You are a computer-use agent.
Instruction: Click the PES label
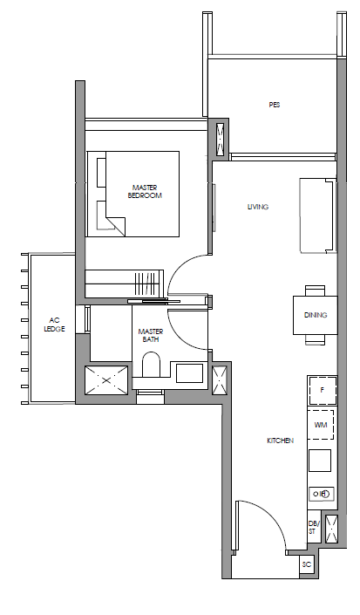275,105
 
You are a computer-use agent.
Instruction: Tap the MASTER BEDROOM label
145,191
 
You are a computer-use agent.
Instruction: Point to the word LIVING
258,207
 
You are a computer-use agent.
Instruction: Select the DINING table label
316,315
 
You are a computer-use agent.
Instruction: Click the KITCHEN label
280,441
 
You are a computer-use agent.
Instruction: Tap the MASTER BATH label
151,335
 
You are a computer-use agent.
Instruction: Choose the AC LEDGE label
54,325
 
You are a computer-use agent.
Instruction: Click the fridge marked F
323,390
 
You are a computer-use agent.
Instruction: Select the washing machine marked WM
321,425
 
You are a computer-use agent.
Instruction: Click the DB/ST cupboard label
314,527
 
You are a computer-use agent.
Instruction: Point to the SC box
307,564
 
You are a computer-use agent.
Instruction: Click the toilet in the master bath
151,365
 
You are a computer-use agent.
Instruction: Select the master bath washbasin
189,373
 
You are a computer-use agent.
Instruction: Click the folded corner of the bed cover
116,226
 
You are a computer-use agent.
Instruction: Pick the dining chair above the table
315,290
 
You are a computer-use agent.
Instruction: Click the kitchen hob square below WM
320,461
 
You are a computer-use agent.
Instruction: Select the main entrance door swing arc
270,517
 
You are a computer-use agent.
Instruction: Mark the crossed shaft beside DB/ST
331,529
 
